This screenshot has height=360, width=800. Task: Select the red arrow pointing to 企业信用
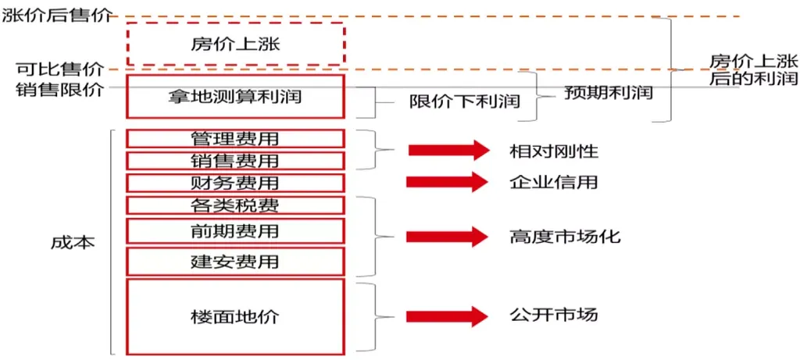(448, 182)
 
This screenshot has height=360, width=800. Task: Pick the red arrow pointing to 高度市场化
(448, 237)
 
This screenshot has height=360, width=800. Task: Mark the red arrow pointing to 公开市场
(448, 316)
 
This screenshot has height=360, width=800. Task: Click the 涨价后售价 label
(56, 16)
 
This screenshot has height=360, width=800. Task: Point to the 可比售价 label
(59, 69)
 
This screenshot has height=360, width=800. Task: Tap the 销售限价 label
(59, 89)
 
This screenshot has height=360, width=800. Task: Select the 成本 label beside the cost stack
(73, 243)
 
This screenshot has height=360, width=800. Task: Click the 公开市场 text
(553, 315)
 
